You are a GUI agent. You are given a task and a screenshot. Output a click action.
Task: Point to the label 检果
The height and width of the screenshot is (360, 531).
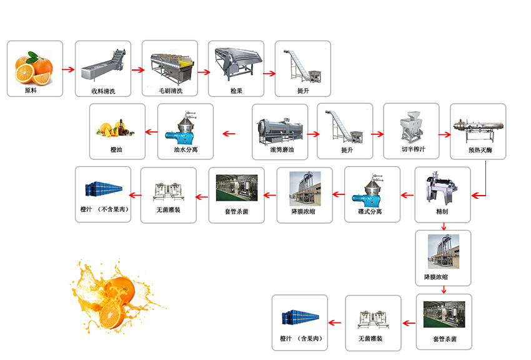coord(236,91)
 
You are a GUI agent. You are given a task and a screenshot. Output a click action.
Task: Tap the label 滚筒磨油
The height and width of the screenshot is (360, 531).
coord(280,151)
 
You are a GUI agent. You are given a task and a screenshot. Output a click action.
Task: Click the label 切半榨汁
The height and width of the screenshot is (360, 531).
coord(412,151)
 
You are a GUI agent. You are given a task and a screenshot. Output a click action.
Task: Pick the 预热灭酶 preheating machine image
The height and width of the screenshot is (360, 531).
coord(478,125)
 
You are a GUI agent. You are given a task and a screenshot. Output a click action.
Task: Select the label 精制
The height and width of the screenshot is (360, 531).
coord(442,212)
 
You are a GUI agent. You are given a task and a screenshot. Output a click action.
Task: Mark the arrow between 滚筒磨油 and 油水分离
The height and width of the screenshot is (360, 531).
coord(230,133)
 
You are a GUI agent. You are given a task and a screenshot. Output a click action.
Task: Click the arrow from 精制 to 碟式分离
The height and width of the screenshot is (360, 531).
coord(406,195)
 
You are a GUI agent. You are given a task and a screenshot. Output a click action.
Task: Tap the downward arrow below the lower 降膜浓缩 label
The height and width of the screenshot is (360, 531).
coord(444,289)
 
